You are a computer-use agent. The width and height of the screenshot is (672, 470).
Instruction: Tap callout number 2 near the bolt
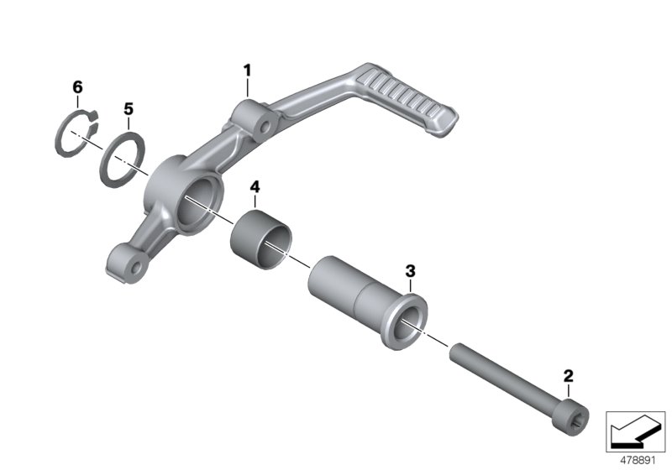(x=569, y=375)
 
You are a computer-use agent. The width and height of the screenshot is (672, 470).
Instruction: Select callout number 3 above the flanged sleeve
(x=410, y=270)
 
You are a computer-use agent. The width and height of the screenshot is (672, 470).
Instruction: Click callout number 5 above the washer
(x=128, y=109)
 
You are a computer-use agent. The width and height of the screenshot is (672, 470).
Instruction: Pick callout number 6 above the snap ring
(x=78, y=87)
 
